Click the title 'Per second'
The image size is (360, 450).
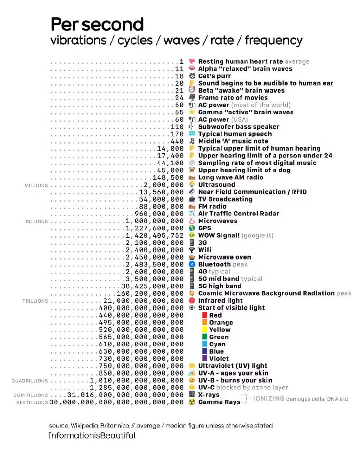tap(97, 25)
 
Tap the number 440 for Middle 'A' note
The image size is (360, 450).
tap(177, 141)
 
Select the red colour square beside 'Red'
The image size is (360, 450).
tap(205, 315)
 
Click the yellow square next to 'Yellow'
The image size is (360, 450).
tap(205, 329)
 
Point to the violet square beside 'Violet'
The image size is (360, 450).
tap(205, 358)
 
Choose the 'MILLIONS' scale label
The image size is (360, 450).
tap(36, 186)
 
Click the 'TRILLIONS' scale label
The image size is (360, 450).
tap(35, 301)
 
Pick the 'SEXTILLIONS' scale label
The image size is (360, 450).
tap(32, 403)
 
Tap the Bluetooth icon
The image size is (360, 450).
tap(192, 264)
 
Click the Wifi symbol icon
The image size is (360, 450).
tap(192, 250)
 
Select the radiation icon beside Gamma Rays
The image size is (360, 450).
tap(192, 402)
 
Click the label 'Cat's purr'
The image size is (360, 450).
tap(214, 76)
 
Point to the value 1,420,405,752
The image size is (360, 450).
tap(155, 236)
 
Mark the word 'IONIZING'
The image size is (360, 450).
tap(269, 399)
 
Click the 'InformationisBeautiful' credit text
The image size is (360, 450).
tap(92, 436)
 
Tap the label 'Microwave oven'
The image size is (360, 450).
tap(224, 257)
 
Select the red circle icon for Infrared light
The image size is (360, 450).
tap(192, 301)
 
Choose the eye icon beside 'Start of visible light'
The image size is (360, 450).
tap(192, 308)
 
